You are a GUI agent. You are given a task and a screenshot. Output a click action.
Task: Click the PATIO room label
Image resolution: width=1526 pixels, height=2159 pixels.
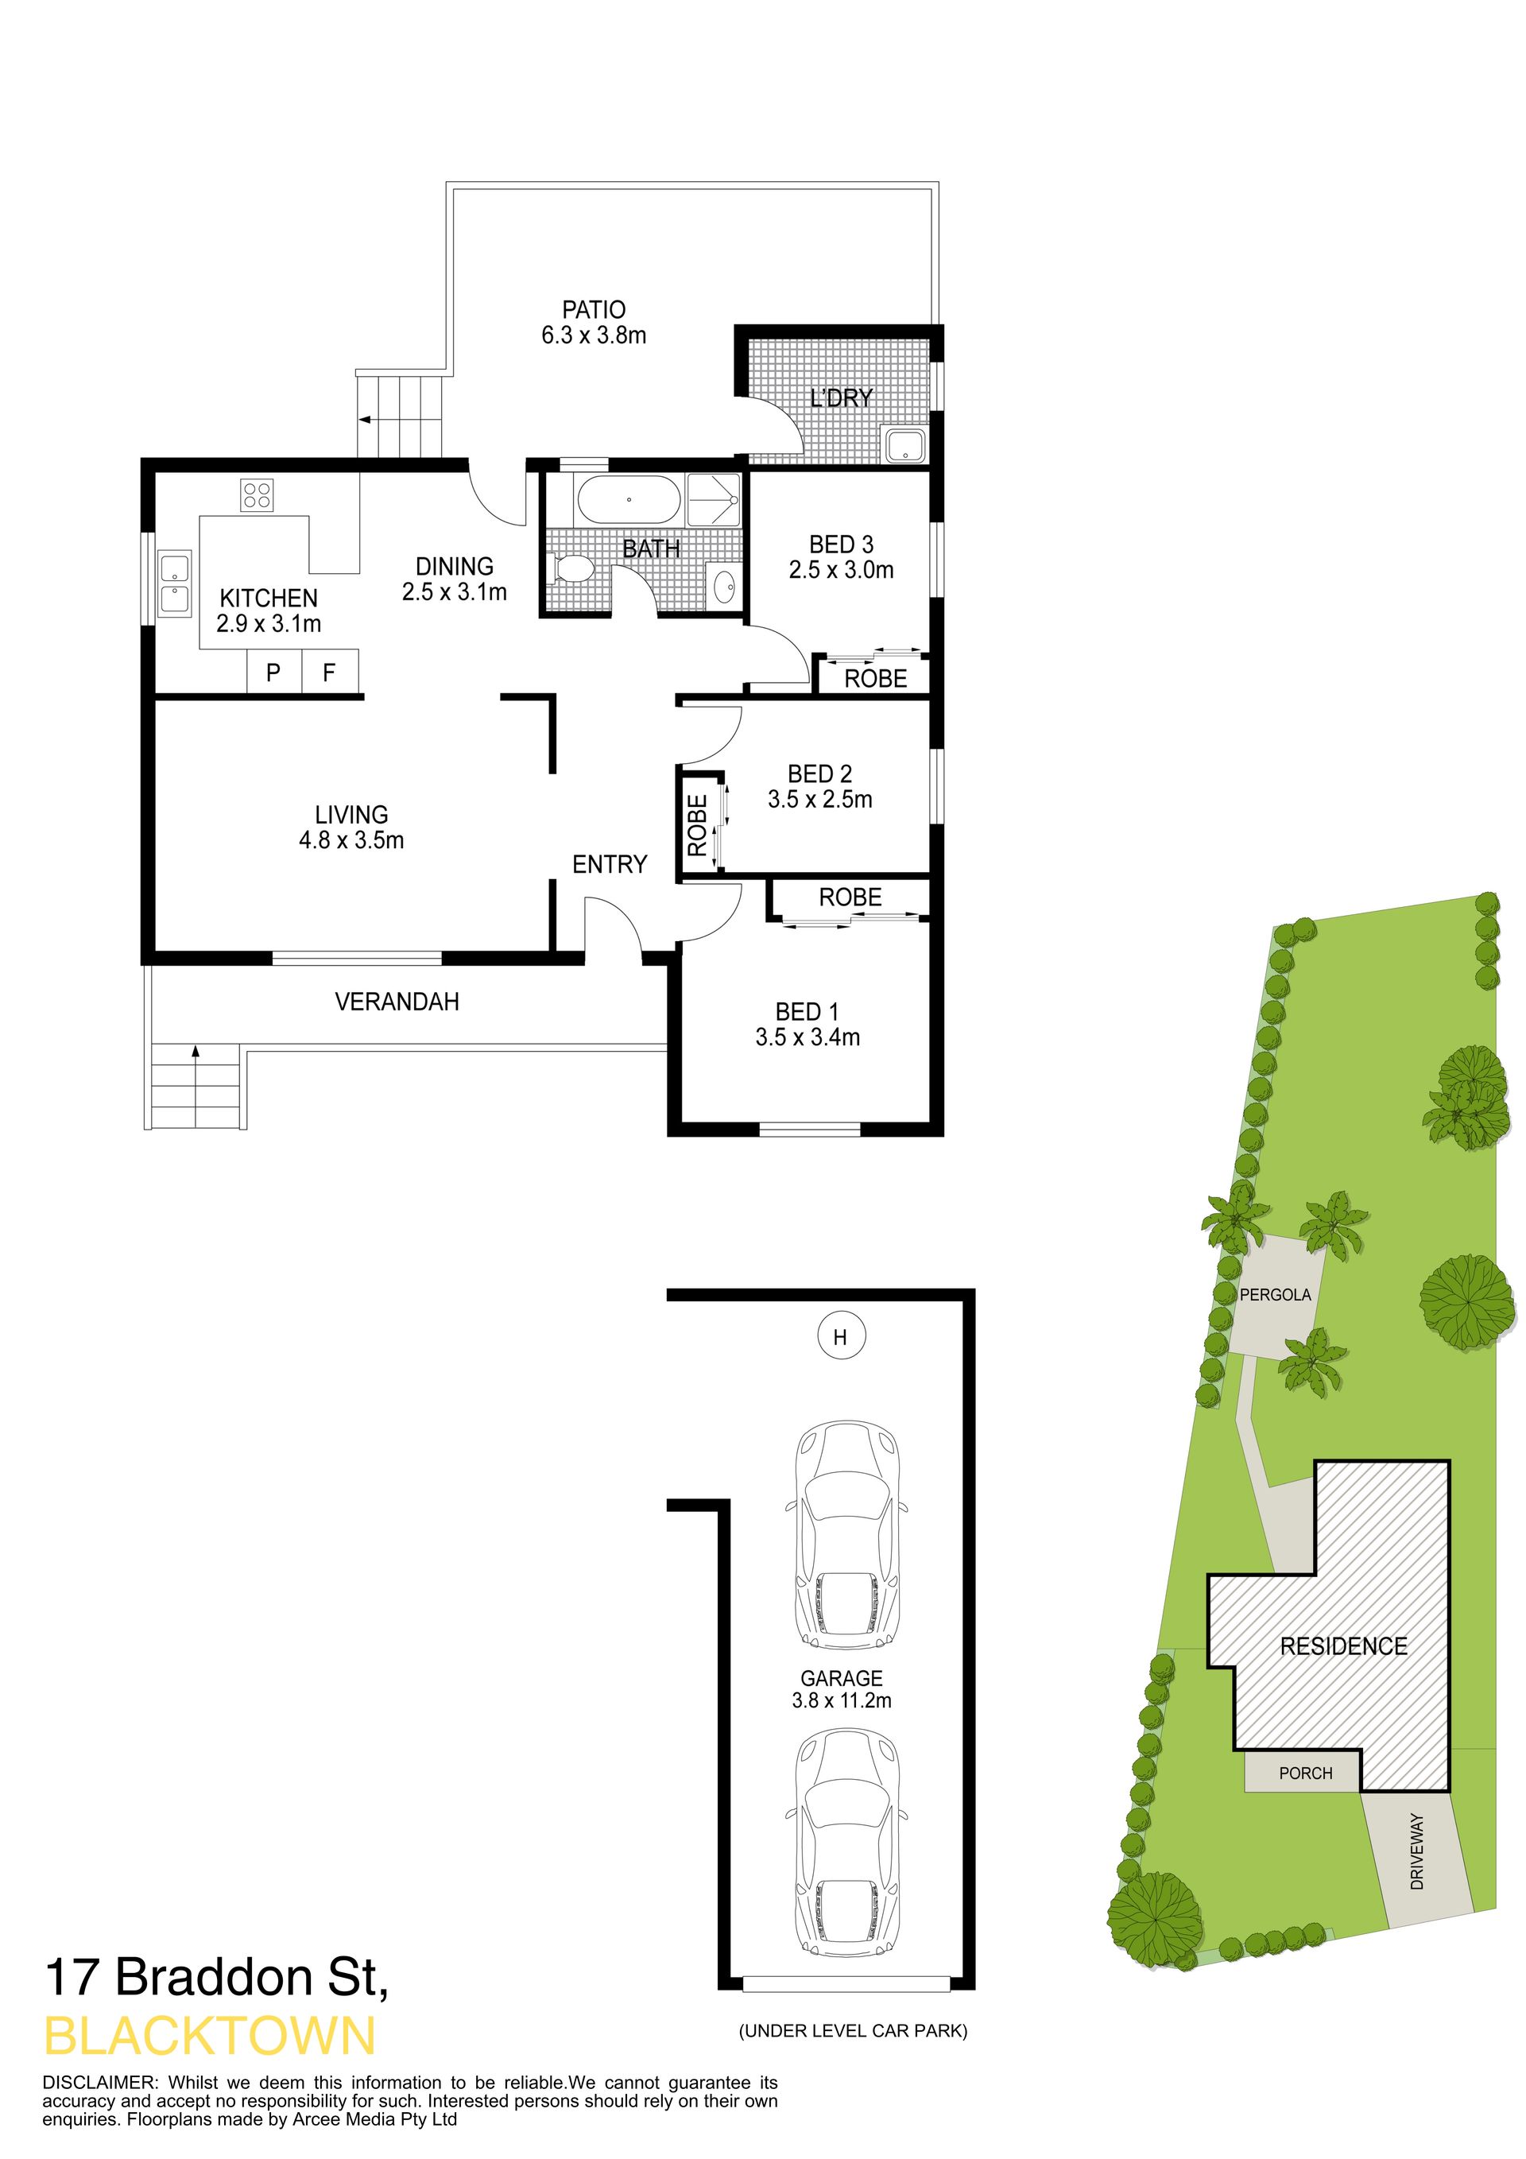593,309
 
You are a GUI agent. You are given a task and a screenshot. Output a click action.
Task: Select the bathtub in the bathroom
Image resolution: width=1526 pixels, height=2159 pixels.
628,500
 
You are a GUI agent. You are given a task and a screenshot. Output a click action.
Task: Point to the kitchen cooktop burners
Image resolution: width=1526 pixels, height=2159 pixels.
258,494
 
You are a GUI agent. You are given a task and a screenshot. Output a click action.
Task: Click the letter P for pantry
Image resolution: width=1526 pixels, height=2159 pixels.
273,673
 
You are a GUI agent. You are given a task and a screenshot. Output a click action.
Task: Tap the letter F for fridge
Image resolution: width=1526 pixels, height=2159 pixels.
329,673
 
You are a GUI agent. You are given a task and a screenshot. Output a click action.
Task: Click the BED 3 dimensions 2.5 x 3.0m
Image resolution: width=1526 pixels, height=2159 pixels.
842,570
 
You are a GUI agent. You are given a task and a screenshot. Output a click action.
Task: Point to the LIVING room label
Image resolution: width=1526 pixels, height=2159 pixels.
351,814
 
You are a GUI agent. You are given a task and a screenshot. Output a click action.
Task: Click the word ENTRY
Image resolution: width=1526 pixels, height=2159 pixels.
610,864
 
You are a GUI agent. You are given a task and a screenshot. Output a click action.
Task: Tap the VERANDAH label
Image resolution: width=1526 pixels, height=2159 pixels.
397,1002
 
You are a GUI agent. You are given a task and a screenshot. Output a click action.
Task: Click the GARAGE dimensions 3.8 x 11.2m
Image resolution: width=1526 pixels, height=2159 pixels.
842,1700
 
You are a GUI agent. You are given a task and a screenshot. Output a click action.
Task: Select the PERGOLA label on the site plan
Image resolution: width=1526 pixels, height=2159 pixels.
1275,1295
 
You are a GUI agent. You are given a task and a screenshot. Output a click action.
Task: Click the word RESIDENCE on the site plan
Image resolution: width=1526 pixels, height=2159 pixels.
1343,1645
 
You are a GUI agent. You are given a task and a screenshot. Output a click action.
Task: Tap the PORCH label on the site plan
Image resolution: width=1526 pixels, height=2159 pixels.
1306,1773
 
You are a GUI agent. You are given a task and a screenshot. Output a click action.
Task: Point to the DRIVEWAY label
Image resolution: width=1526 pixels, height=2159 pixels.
1417,1851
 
